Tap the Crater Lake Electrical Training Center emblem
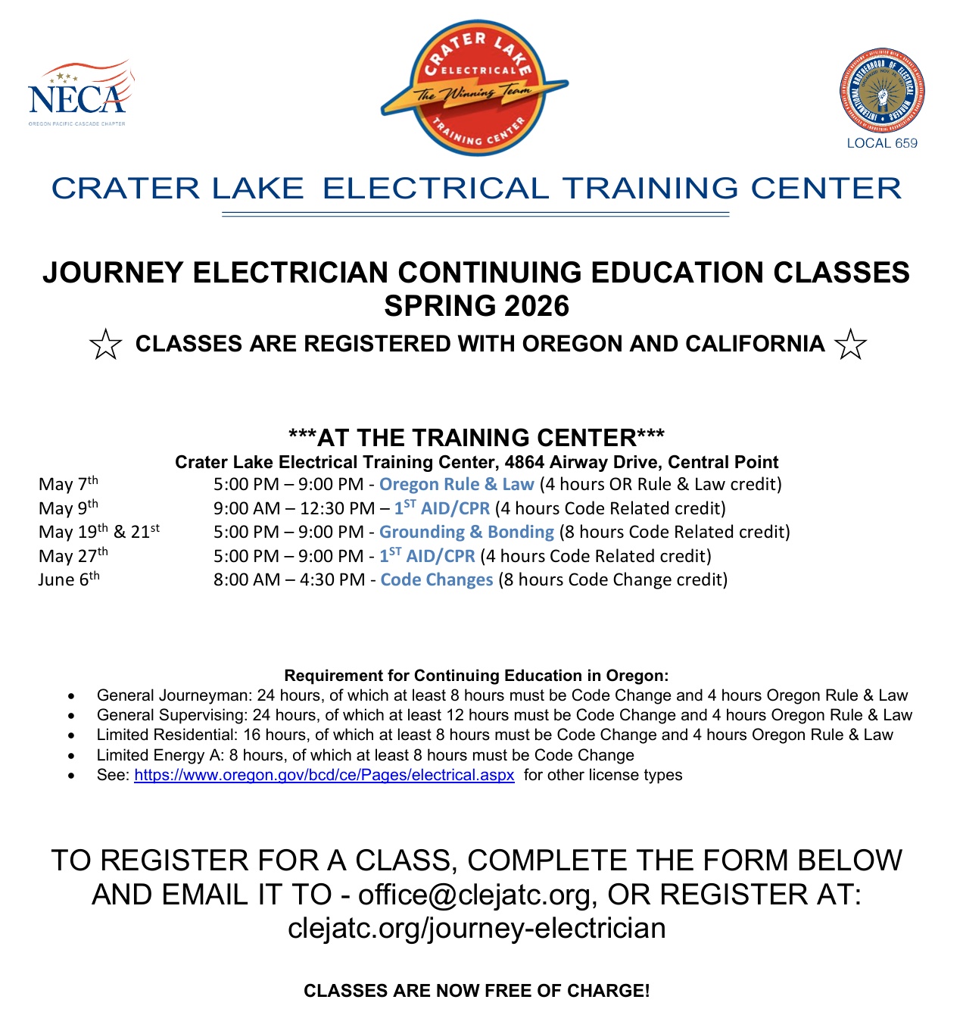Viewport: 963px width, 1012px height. point(475,88)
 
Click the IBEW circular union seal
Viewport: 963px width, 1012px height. point(882,91)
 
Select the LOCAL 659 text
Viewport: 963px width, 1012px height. point(882,143)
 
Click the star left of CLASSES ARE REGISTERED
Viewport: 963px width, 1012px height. point(105,345)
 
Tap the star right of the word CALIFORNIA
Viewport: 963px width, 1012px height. point(850,345)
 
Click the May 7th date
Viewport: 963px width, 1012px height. point(68,484)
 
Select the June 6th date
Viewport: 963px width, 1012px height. point(69,579)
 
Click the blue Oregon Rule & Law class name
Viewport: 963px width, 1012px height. point(457,484)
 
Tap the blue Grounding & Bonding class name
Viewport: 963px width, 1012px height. point(466,532)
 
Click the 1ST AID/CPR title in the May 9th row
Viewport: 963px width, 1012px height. point(442,508)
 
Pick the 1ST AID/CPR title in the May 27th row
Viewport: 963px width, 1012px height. point(427,556)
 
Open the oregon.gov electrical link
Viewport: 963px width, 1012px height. point(324,775)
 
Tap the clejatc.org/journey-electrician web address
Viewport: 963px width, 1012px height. point(477,928)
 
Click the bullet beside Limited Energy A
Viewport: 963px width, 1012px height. point(71,756)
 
